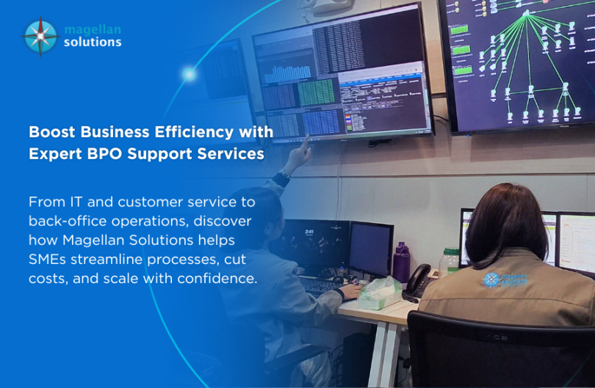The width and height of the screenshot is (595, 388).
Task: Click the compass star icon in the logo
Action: tap(40, 37)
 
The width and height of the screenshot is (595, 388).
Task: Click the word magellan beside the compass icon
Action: tap(92, 29)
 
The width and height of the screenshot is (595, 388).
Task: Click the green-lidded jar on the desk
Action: tap(447, 261)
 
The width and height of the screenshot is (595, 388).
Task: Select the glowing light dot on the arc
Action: tap(190, 74)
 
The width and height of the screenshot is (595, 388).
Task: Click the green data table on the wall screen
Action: tap(316, 92)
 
